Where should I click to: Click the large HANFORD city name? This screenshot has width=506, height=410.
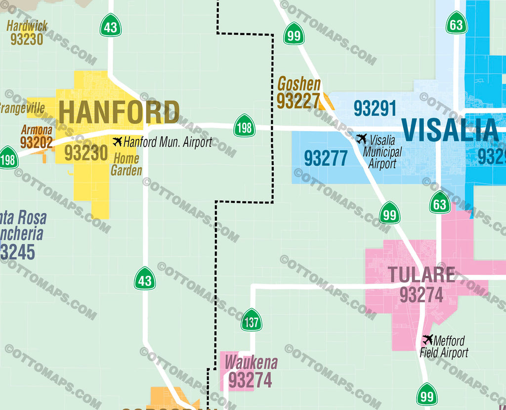pos(119,112)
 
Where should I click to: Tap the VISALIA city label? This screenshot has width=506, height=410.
pos(450,131)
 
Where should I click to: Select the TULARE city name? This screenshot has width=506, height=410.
pos(421,275)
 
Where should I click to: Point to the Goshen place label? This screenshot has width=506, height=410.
pos(299,84)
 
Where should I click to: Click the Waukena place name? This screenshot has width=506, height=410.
pos(251,363)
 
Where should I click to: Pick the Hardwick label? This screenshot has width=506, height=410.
pos(27,26)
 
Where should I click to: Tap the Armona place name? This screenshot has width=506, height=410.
pos(37,130)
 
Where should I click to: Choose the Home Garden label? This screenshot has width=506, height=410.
pos(126,165)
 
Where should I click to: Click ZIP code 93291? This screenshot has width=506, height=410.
pos(375,108)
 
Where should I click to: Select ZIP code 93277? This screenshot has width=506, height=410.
pos(326,158)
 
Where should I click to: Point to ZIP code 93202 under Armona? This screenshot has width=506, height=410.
pos(36,142)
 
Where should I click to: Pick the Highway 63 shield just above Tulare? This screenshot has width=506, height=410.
pos(439,204)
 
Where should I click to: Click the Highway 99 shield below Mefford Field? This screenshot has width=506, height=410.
pos(426,396)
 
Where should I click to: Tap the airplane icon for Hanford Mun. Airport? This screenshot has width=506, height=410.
pos(117,142)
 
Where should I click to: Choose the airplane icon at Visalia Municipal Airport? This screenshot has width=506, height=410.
pos(361,139)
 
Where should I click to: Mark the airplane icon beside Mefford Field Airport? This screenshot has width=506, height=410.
pos(427,340)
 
